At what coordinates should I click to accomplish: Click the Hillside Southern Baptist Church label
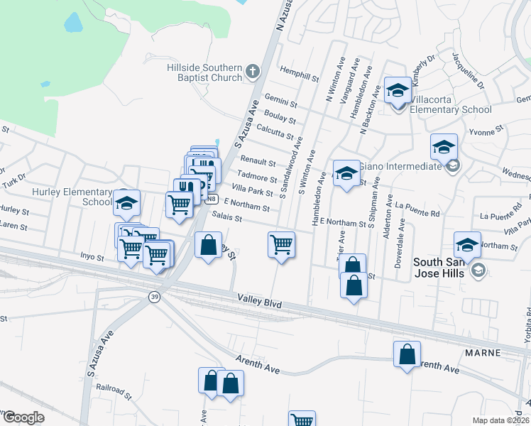204,72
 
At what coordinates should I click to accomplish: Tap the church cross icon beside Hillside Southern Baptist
251,71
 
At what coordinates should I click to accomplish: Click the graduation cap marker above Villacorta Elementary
398,90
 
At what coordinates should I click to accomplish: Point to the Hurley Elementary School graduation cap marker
127,204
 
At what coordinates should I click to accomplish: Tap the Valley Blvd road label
260,303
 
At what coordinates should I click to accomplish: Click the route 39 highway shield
154,297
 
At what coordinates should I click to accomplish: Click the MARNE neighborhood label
484,353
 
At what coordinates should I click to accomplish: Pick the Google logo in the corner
23,417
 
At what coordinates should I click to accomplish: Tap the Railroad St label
114,389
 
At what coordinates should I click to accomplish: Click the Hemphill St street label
297,73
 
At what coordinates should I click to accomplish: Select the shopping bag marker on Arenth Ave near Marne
407,354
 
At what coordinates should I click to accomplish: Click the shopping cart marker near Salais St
282,245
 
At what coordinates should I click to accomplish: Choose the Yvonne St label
486,130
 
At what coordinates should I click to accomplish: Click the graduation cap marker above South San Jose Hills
468,245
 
